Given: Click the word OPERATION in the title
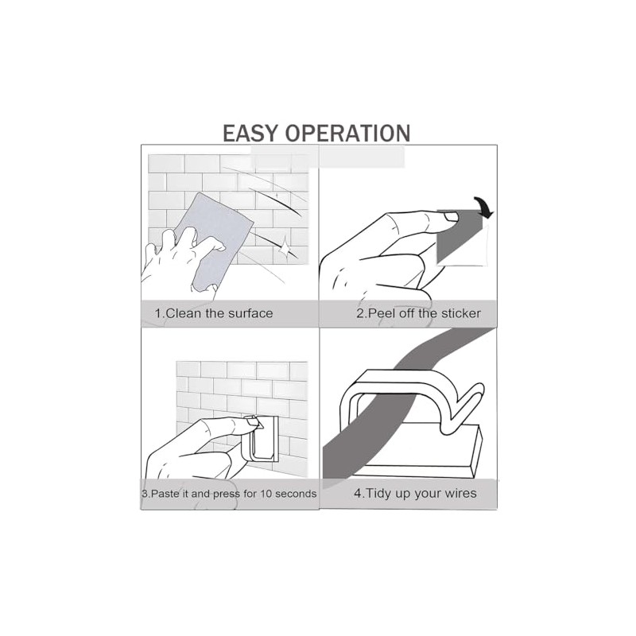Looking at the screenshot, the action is pos(348,134).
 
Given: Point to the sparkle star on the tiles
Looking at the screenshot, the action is pos(285,246).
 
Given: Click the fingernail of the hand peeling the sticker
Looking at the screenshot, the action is pos(450,217).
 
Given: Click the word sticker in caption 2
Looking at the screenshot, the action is pos(461,313).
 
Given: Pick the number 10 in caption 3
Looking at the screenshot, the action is pos(266,494).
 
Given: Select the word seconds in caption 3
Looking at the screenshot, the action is pos(296,494).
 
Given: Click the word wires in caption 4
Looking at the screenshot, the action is pos(460,494).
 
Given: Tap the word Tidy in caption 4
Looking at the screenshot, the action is pos(379,494).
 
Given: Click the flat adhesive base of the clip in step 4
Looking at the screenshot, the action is pos(418,450).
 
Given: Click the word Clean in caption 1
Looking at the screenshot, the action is pos(184,313).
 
